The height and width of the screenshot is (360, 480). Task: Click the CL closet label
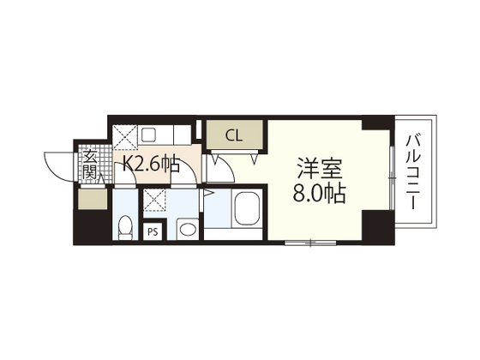tap(234, 135)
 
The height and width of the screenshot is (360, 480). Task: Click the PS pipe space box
tap(153, 231)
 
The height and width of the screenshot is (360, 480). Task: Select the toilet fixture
tap(125, 227)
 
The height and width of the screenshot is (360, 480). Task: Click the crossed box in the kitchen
tap(125, 133)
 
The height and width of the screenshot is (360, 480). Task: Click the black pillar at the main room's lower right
tap(374, 226)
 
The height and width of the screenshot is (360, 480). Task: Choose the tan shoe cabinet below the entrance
tap(89, 197)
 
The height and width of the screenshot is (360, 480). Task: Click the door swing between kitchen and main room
tap(219, 167)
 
